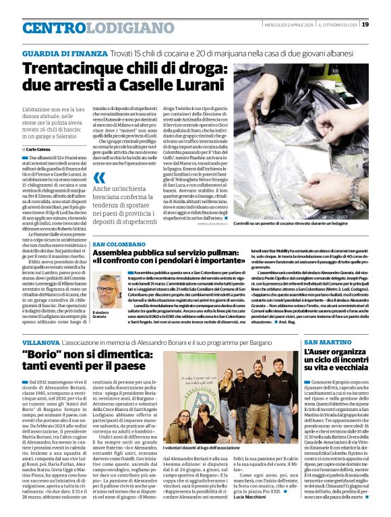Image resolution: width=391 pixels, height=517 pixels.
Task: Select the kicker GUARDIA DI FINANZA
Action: point(65,53)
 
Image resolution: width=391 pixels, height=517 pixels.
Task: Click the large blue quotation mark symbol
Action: point(99,179)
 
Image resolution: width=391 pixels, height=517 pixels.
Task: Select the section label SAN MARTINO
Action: point(325,344)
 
